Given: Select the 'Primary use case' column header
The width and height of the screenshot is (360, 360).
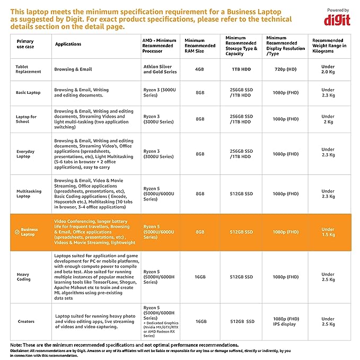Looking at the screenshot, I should (x=25, y=43).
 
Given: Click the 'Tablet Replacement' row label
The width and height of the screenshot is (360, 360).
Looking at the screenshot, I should (x=28, y=69).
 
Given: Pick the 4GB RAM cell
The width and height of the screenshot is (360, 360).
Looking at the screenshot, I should (x=200, y=69).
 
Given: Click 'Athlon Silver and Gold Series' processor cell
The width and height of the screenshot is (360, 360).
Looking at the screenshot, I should (x=160, y=69).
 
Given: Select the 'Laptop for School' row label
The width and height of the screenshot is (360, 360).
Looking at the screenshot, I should (x=27, y=119).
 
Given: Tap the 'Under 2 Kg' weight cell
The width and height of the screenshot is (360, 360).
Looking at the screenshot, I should (x=328, y=119).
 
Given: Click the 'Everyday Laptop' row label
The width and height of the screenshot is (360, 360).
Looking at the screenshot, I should (x=25, y=154).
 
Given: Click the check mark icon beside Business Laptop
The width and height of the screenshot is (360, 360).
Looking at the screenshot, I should (x=17, y=232).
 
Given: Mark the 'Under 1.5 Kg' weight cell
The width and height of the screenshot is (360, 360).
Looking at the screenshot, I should (x=328, y=232).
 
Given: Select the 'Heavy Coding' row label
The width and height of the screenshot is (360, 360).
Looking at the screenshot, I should (x=24, y=277).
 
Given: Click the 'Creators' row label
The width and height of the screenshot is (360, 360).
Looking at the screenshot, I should (x=26, y=321).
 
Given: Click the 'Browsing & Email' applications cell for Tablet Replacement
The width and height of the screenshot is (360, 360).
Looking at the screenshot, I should (x=73, y=69).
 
